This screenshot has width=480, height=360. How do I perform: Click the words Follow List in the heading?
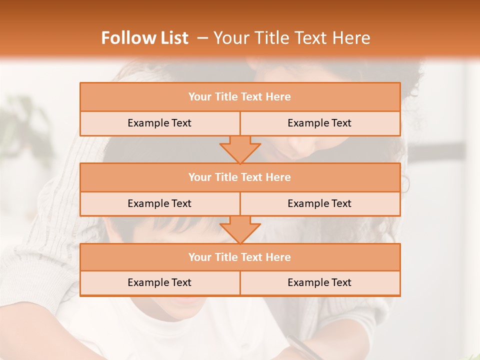144,38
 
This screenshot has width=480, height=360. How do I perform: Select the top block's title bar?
240,97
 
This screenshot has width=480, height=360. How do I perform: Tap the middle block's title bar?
240,177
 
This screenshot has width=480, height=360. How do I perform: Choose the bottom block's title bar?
240,257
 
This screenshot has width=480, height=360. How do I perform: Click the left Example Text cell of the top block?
159,123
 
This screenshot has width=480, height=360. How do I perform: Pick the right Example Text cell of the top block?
319,123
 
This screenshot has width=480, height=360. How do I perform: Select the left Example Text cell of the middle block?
159,203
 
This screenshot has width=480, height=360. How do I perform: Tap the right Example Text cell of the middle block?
319,203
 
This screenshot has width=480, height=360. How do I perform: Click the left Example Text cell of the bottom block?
159,283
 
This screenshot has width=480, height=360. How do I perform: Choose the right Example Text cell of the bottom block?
319,283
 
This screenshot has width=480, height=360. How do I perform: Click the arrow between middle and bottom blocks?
240,229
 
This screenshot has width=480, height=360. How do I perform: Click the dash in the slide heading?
202,38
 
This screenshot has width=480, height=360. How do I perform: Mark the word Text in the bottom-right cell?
340,283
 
